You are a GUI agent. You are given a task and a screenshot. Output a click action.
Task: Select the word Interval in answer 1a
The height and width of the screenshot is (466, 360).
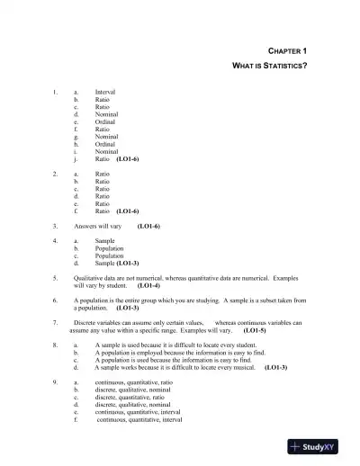105,92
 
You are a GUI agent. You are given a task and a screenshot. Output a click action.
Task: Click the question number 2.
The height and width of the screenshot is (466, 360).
56,173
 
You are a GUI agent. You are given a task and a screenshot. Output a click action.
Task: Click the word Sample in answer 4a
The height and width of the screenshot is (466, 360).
104,241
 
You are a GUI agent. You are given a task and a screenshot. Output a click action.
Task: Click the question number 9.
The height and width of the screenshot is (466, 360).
56,382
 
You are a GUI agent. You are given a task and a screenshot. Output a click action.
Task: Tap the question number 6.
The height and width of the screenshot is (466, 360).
56,300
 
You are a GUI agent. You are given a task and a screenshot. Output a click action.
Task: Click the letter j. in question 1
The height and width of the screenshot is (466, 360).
76,158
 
